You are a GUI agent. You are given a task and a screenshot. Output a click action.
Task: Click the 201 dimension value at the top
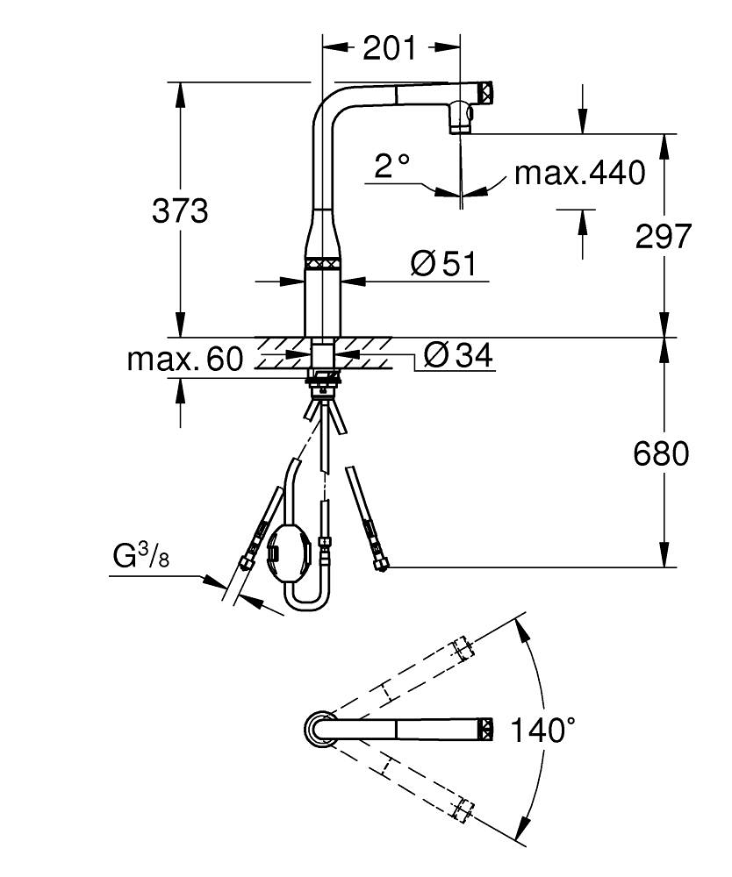click(390, 49)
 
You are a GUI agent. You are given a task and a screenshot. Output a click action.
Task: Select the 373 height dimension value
click(180, 211)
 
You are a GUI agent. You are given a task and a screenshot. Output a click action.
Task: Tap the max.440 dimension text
click(579, 173)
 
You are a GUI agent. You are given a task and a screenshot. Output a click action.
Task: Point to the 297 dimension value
click(664, 236)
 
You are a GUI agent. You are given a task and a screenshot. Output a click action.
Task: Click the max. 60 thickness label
click(184, 359)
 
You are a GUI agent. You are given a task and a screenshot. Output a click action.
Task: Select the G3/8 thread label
click(140, 557)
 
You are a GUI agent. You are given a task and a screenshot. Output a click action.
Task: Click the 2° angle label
click(391, 166)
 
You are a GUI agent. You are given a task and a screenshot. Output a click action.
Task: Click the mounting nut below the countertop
click(323, 380)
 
